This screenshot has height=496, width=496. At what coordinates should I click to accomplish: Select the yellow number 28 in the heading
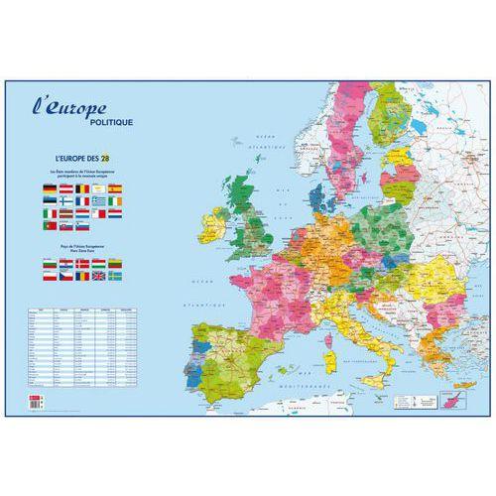click(x=117, y=156)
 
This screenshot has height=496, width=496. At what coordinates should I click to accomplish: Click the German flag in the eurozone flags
click(x=50, y=188)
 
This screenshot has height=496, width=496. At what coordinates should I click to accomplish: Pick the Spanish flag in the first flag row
click(x=115, y=188)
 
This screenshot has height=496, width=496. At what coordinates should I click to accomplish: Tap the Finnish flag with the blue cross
click(x=66, y=201)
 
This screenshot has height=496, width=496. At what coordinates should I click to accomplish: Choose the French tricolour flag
click(x=82, y=201)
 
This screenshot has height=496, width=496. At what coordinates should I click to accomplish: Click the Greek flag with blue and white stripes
click(x=98, y=201)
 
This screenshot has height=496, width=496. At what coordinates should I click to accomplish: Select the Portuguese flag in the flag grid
click(x=50, y=225)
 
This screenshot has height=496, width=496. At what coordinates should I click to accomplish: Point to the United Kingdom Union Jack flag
click(x=98, y=274)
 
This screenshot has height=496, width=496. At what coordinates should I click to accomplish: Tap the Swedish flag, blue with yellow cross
click(x=115, y=274)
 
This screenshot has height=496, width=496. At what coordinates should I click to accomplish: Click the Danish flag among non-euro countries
click(x=82, y=263)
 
